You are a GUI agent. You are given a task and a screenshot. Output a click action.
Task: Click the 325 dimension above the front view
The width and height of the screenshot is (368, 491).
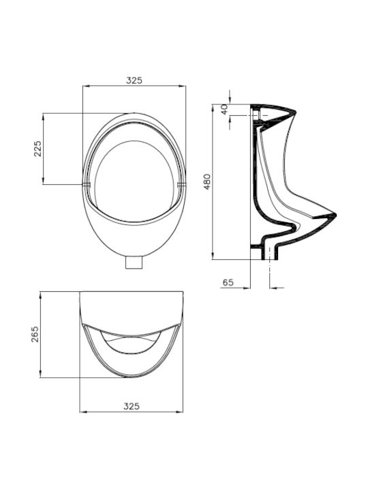point(134,80)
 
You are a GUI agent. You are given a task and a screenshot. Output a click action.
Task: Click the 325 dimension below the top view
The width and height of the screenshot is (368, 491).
point(132,406)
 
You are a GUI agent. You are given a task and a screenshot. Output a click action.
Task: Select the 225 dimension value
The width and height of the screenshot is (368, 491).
point(37,149)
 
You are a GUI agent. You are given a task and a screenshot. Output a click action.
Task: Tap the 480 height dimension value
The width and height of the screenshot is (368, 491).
point(207,181)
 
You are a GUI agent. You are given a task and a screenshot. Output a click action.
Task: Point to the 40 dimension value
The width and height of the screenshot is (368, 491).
point(224,109)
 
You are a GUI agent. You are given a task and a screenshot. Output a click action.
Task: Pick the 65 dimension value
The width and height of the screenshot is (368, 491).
point(228,282)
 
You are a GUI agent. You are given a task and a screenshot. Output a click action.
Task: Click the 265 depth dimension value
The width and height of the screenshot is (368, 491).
point(35,334)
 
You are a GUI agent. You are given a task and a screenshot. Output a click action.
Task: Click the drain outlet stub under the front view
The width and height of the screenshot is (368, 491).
point(134,263)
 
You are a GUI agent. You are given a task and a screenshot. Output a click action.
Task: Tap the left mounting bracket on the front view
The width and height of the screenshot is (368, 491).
point(86,184)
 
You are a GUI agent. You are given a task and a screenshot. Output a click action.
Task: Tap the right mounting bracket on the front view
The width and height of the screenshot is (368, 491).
point(181,184)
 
